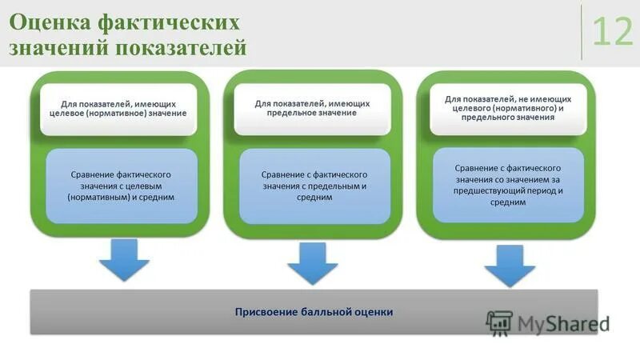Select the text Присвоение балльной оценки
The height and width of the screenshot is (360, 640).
click(314, 311)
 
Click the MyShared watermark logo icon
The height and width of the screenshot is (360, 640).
click(498, 322)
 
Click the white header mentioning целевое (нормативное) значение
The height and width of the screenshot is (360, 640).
click(118, 109)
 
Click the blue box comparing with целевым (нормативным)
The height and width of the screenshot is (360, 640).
click(122, 185)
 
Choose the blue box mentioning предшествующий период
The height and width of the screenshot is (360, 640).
click(508, 185)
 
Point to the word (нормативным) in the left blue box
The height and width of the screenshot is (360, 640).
click(99, 197)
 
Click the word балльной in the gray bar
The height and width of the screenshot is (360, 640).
click(323, 311)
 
